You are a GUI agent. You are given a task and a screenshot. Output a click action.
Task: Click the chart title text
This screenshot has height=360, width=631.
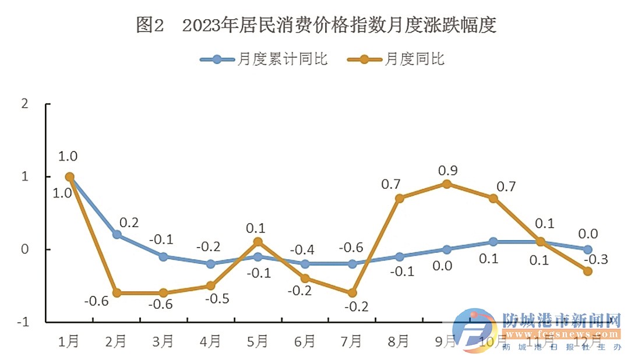pyautogui.click(x=316, y=25)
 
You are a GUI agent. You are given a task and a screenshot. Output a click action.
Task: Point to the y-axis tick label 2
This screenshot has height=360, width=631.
pyautogui.click(x=24, y=104)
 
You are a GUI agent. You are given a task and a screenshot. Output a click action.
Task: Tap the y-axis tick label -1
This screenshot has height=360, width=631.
pyautogui.click(x=22, y=322)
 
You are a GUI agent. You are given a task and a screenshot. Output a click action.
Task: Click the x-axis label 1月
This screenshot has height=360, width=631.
pyautogui.click(x=69, y=341)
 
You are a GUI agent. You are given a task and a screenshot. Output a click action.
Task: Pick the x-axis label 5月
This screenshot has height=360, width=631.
pyautogui.click(x=257, y=341)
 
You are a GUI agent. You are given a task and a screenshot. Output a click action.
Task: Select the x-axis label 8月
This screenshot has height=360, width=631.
pyautogui.click(x=399, y=341)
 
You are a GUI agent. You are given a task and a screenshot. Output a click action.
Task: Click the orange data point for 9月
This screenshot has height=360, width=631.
pyautogui.click(x=446, y=184)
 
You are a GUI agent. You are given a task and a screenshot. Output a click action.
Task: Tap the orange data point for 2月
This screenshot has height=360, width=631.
pyautogui.click(x=117, y=293)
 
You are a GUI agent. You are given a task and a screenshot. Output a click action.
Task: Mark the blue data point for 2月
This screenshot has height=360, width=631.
pyautogui.click(x=117, y=235)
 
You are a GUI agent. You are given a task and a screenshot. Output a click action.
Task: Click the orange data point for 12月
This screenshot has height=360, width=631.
pyautogui.click(x=587, y=271)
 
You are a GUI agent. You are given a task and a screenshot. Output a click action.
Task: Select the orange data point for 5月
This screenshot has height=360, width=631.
pyautogui.click(x=258, y=242)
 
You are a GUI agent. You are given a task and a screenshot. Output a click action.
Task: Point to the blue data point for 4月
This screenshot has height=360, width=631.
pyautogui.click(x=211, y=264)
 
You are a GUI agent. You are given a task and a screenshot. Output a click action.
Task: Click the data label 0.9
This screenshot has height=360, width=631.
pyautogui.click(x=447, y=171)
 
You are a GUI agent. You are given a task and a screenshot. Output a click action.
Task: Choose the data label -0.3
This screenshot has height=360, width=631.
pyautogui.click(x=597, y=259)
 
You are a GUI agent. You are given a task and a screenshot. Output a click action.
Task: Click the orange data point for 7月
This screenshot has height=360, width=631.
pyautogui.click(x=352, y=293)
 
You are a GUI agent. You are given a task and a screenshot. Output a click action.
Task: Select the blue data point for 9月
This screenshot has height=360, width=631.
pyautogui.click(x=446, y=249)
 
